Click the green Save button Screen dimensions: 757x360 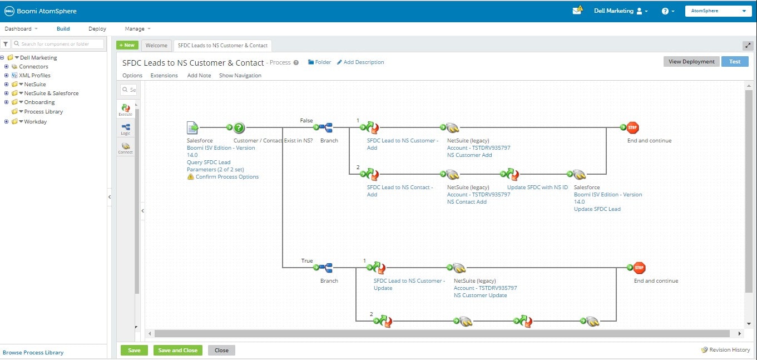click(134, 350)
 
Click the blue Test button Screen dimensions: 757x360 click(735, 62)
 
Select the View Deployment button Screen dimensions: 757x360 click(691, 62)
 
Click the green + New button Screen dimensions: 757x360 click(127, 45)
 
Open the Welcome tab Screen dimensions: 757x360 click(156, 45)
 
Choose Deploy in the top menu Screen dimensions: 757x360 click(97, 29)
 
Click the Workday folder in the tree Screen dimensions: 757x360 click(35, 121)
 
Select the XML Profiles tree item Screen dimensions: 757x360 click(34, 75)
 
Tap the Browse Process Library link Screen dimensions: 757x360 click(33, 352)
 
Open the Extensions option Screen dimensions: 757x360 click(164, 75)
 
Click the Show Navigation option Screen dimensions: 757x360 click(240, 75)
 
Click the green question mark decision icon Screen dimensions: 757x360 click(239, 127)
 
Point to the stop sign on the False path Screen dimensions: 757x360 click(632, 127)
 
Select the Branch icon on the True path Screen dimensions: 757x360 click(326, 268)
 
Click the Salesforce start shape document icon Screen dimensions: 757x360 click(192, 128)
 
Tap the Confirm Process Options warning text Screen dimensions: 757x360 click(227, 177)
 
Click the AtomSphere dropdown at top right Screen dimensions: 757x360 click(718, 11)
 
